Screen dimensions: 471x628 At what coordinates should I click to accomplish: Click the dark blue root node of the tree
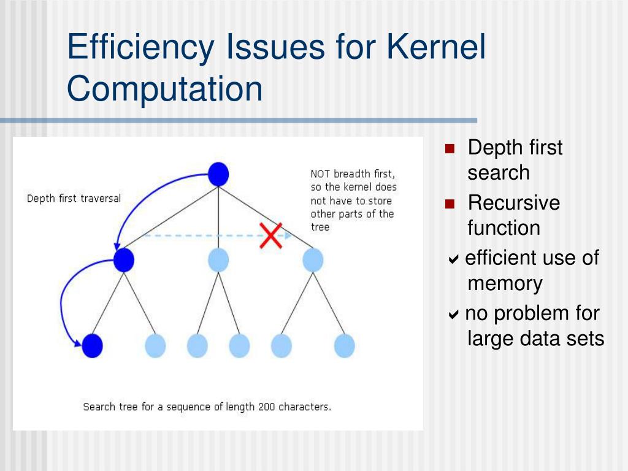(x=218, y=174)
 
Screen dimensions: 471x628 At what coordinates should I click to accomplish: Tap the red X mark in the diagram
(x=270, y=235)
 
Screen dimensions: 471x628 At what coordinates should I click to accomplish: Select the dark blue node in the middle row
(x=124, y=260)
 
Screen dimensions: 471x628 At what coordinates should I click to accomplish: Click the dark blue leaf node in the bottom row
(x=93, y=346)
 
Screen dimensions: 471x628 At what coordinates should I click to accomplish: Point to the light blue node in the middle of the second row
(x=218, y=260)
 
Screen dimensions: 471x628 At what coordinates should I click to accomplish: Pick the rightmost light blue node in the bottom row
(x=345, y=346)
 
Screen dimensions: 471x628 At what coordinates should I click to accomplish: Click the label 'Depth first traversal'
(x=74, y=199)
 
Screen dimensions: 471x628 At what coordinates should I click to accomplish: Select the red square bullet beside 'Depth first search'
(x=450, y=148)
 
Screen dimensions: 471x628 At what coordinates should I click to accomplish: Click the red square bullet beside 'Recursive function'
(x=450, y=204)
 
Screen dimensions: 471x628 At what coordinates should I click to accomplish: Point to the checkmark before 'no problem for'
(x=453, y=315)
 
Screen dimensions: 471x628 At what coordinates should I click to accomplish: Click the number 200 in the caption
(x=267, y=407)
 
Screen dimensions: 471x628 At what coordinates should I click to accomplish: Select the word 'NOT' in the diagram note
(x=321, y=174)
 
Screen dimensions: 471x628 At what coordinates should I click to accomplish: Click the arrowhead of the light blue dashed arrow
(x=286, y=235)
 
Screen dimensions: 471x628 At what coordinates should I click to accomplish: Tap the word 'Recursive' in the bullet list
(x=513, y=203)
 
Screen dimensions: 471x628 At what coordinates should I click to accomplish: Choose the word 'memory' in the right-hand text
(x=505, y=283)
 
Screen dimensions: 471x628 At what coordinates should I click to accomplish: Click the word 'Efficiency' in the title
(x=142, y=47)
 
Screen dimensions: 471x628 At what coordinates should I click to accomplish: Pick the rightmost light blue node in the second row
(x=313, y=260)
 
